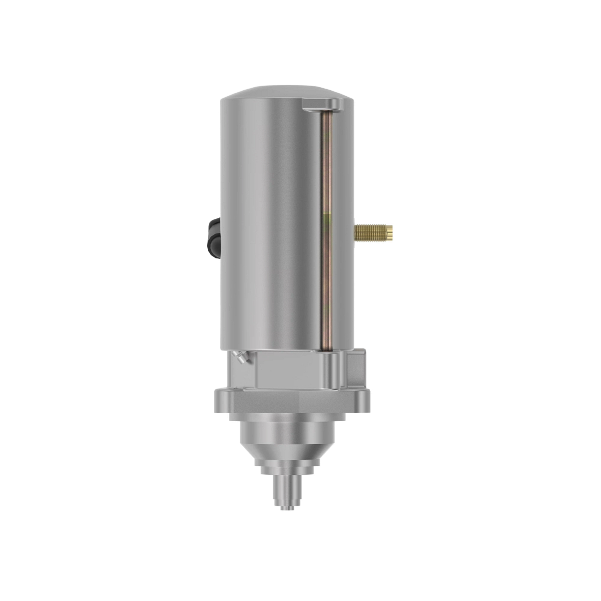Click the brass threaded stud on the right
pyautogui.click(x=371, y=231)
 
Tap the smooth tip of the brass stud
pyautogui.click(x=388, y=231)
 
